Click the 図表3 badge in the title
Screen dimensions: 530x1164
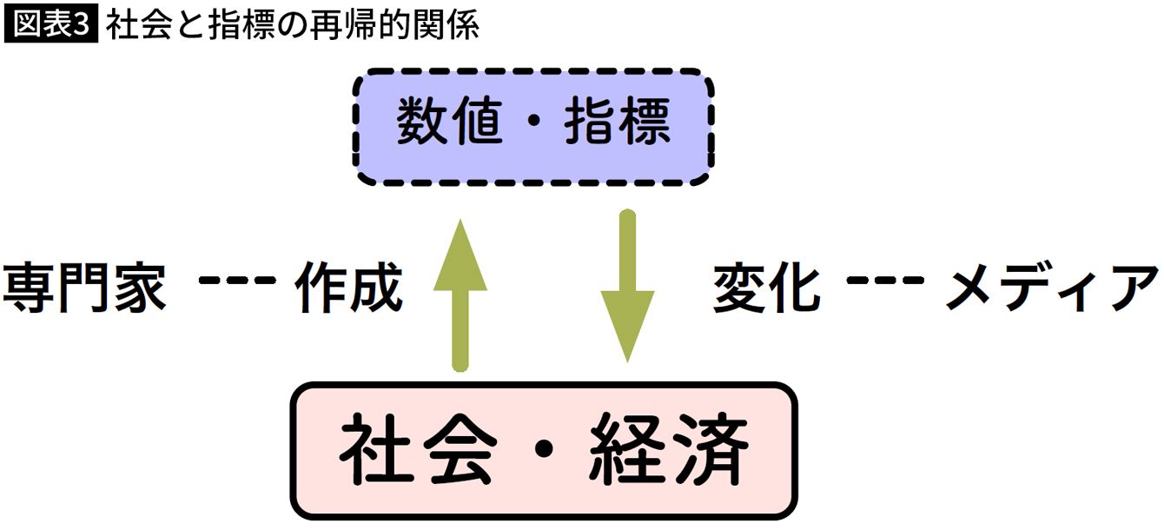tap(51, 26)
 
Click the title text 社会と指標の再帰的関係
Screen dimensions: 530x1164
tap(292, 26)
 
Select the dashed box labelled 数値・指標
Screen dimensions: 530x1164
tap(534, 129)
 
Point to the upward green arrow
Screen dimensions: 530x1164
tap(460, 295)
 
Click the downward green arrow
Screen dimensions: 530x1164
tap(627, 287)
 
